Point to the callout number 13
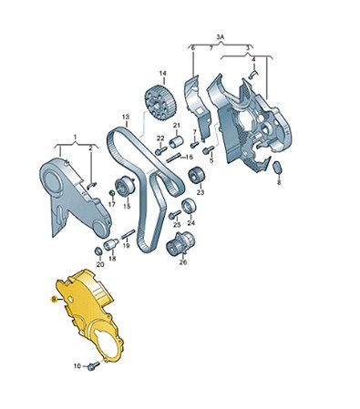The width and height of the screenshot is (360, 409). (125, 117)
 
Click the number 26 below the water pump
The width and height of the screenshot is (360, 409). (182, 262)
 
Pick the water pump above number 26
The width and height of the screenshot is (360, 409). (183, 242)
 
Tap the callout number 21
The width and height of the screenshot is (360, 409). (177, 125)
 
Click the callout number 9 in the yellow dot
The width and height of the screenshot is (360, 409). (54, 298)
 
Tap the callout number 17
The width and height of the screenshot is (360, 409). (110, 205)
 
